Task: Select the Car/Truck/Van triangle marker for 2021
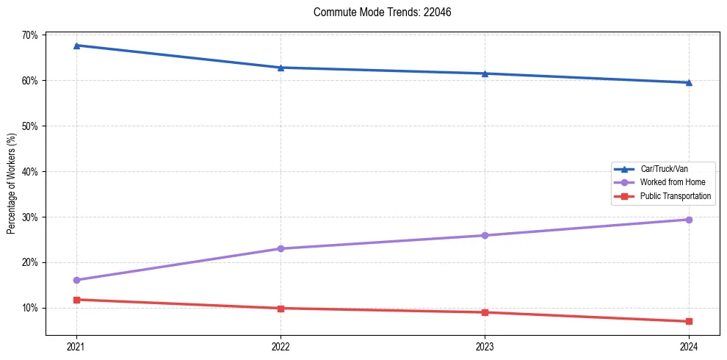point(76,46)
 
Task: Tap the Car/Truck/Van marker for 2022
point(281,68)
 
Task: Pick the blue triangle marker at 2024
point(689,82)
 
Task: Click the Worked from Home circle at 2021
point(76,280)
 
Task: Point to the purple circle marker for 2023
point(485,235)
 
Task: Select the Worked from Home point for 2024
point(689,220)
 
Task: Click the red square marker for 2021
point(76,300)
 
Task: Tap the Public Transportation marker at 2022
point(281,308)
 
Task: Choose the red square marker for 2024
point(689,321)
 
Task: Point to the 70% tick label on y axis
point(30,35)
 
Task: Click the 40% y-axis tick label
point(30,171)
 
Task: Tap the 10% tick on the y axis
point(30,308)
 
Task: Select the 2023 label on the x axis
point(485,346)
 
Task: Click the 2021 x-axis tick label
point(76,346)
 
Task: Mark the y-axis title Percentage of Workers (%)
point(11,184)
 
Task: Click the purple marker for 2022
point(281,248)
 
